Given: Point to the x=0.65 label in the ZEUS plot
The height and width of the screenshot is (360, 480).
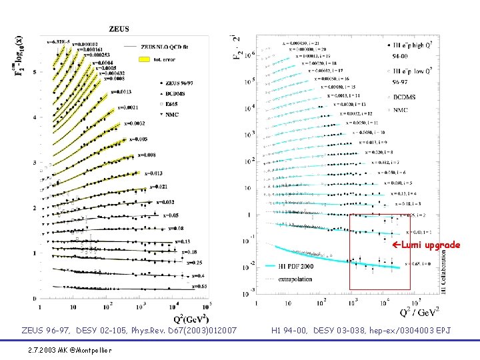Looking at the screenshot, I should click(201, 286).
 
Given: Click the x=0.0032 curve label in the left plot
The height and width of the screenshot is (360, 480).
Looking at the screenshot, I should click(135, 123).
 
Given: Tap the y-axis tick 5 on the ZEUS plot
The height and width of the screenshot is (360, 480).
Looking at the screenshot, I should click(35, 72).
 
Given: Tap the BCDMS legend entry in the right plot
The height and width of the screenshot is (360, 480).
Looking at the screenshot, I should click(406, 97).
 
